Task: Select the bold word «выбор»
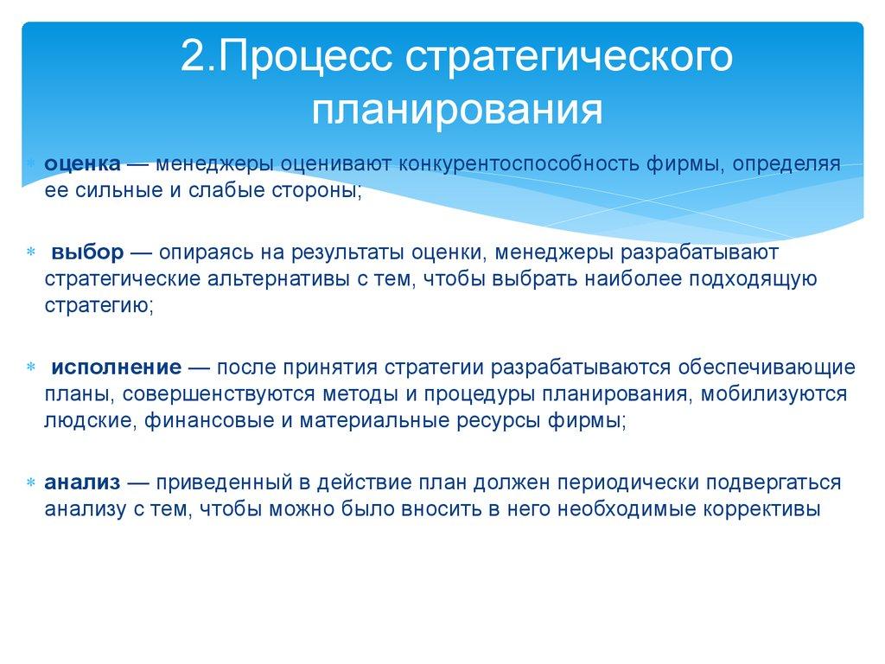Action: pyautogui.click(x=87, y=252)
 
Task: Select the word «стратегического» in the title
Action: pyautogui.click(x=569, y=61)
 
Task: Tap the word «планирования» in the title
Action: pyautogui.click(x=456, y=110)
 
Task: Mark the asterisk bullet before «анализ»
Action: pyautogui.click(x=30, y=482)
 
